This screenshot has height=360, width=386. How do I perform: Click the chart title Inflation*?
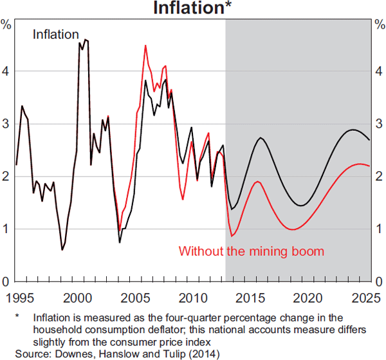click(193, 8)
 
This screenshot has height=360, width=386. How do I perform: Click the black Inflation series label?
click(56, 35)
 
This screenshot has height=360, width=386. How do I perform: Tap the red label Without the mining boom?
click(251, 251)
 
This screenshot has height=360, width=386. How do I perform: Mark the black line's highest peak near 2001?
click(86, 40)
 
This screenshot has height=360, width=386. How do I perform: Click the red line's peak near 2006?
click(145, 45)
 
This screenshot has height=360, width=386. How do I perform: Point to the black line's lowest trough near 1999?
click(62, 250)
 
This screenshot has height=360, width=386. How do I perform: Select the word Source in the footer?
click(30, 354)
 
